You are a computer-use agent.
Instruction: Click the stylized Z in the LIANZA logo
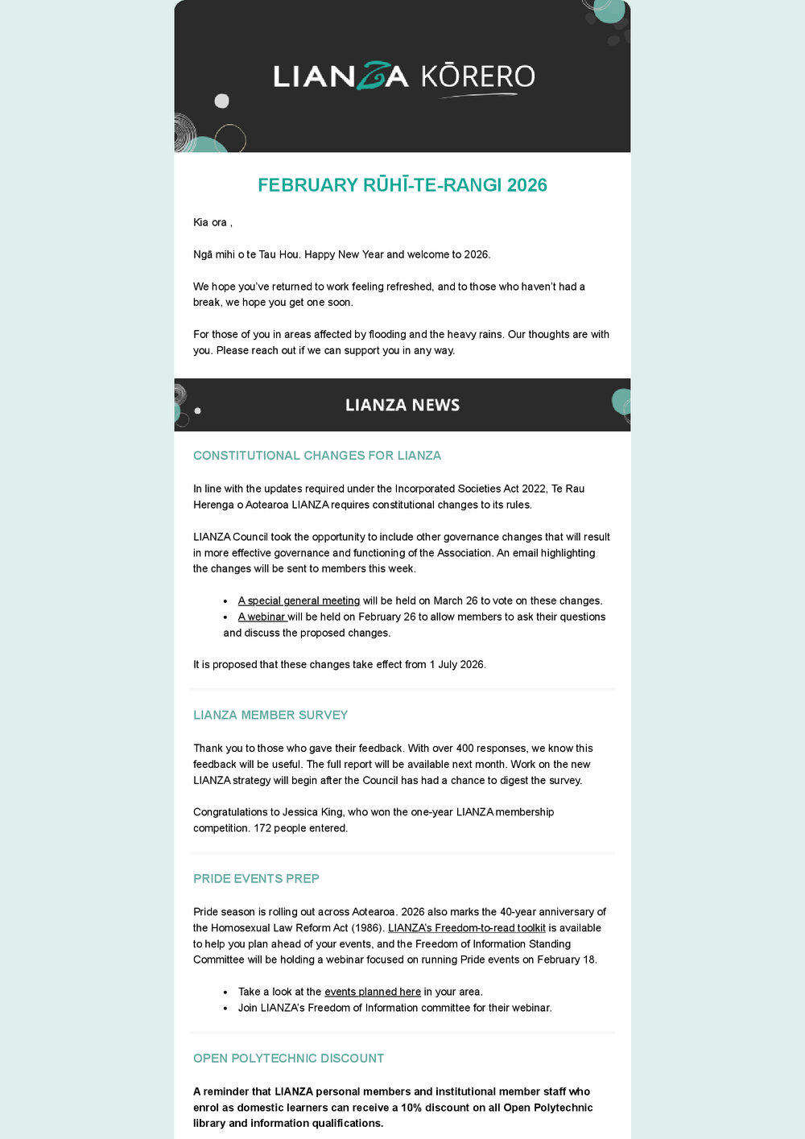pyautogui.click(x=371, y=76)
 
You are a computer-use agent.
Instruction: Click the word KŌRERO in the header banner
pyautogui.click(x=478, y=76)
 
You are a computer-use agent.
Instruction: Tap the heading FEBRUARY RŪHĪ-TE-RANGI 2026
pyautogui.click(x=402, y=185)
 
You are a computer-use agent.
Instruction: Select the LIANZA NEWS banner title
pyautogui.click(x=402, y=405)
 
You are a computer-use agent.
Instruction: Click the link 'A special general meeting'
pyautogui.click(x=299, y=600)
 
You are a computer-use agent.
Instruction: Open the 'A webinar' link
pyautogui.click(x=262, y=617)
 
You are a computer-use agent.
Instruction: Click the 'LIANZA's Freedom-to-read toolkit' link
pyautogui.click(x=466, y=928)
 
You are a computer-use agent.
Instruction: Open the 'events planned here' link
pyautogui.click(x=372, y=992)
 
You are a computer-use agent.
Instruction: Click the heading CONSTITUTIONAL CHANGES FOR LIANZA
pyautogui.click(x=317, y=456)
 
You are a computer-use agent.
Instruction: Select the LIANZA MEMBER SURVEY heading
pyautogui.click(x=270, y=715)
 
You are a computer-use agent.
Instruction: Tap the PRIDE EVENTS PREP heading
pyautogui.click(x=256, y=879)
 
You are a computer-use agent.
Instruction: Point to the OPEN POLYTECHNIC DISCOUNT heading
pyautogui.click(x=288, y=1059)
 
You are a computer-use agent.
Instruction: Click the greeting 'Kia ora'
pyautogui.click(x=210, y=222)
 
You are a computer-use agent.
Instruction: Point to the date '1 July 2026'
pyautogui.click(x=456, y=665)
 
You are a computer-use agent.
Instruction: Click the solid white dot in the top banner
pyautogui.click(x=221, y=101)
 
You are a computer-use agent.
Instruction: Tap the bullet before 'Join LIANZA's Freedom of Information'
pyautogui.click(x=226, y=1009)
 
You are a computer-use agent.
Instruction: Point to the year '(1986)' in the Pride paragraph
pyautogui.click(x=368, y=928)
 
